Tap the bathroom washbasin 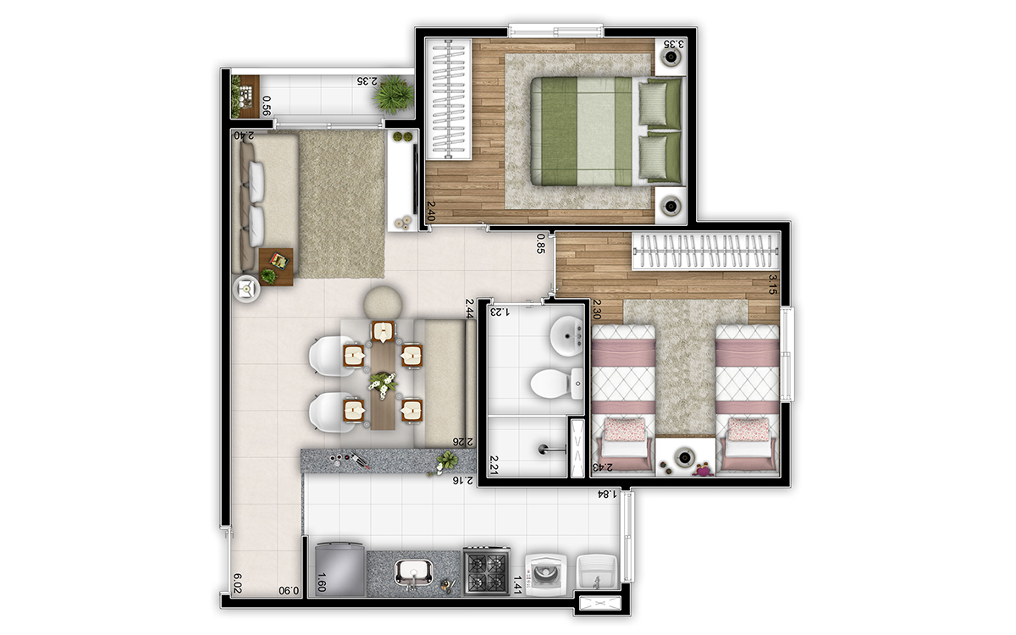[565, 337]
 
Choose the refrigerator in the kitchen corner [339, 569]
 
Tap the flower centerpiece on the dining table [383, 385]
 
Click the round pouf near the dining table [385, 301]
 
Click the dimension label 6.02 [238, 583]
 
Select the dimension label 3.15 [772, 283]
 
